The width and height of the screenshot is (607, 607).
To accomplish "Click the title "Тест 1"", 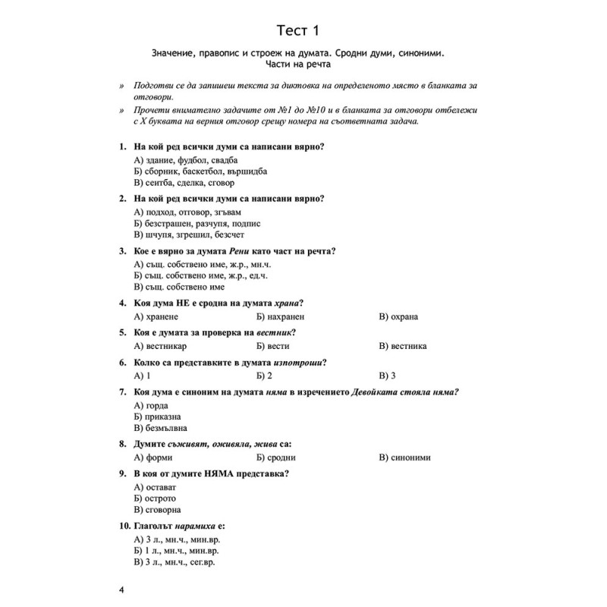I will click(x=303, y=30).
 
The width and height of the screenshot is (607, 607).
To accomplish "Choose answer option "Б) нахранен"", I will click(x=281, y=316).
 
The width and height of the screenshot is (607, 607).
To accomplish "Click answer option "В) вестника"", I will click(x=401, y=346).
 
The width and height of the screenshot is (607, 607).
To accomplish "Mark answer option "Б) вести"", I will click(x=272, y=346).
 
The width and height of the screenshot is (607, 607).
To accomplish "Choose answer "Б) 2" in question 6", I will click(x=264, y=376).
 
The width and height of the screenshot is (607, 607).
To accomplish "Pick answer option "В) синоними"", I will click(x=404, y=458).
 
